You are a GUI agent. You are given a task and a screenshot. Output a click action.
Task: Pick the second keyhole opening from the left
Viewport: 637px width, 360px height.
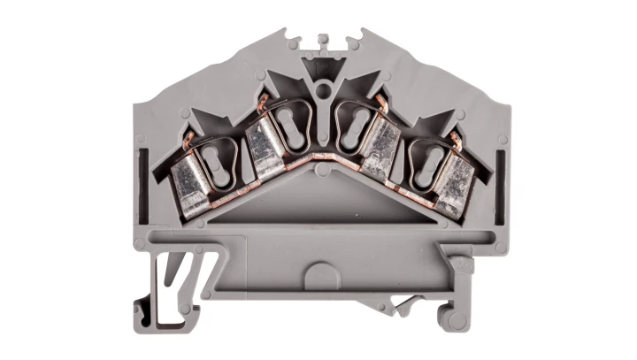click(x=285, y=125)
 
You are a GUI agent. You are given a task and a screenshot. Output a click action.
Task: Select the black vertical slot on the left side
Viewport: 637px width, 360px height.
click(x=143, y=168)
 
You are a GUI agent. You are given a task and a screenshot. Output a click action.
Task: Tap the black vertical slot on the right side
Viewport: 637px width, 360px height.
click(x=501, y=168)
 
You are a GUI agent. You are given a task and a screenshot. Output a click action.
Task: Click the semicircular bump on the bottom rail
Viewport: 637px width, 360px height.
click(x=319, y=269)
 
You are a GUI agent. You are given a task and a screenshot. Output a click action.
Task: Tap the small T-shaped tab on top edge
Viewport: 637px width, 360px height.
click(x=322, y=41)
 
